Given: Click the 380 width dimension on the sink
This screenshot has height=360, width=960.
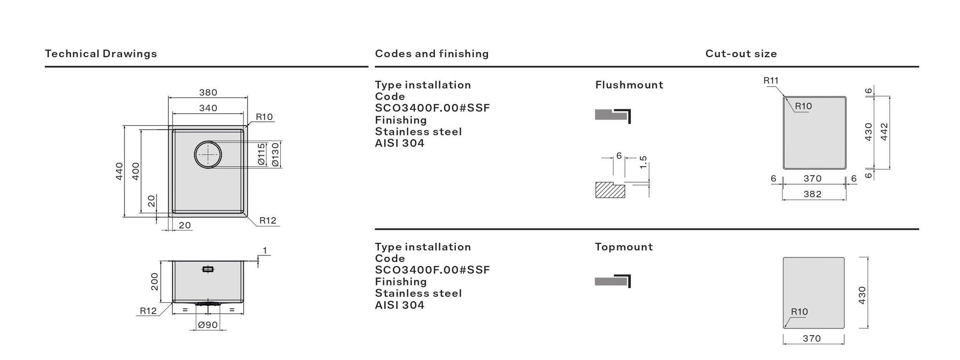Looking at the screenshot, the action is pos(208,92).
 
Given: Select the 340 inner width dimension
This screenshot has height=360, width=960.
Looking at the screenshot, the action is pos(208,108).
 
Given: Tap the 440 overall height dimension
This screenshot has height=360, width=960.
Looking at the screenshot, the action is pos(119,171).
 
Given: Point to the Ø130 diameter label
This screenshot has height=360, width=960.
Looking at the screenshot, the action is pos(275,154).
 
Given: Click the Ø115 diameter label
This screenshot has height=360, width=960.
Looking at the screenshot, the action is pos(262,154).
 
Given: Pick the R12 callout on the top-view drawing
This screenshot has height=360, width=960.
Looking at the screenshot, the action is pos(268,220).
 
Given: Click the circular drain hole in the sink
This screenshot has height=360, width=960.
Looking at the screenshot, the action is pos(208,154).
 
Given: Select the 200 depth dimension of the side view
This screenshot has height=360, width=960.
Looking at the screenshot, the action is pos(154,281).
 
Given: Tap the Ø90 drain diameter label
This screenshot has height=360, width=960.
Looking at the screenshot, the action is pos(208,324).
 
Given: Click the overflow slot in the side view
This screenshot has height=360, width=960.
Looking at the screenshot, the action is pos(208,269).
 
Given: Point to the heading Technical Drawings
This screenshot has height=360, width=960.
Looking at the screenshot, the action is pos(101,53).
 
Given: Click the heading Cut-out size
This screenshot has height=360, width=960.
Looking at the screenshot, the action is pos(741,53).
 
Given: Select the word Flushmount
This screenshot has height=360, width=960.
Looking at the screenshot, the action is pos(629,85).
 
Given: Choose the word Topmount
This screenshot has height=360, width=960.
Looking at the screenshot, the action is pos(623,247).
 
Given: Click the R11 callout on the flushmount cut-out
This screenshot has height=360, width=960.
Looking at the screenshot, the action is pos(771,81).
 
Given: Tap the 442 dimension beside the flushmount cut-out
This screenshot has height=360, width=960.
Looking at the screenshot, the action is pos(884,132).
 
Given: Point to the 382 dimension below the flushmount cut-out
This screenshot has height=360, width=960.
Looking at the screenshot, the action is pos(812,194).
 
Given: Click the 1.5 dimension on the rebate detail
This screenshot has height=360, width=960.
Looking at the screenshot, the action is pos(643,162).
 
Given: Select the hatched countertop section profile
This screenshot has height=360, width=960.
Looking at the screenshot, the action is pos(610,190).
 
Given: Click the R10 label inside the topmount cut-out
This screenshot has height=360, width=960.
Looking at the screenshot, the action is pos(799,312).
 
